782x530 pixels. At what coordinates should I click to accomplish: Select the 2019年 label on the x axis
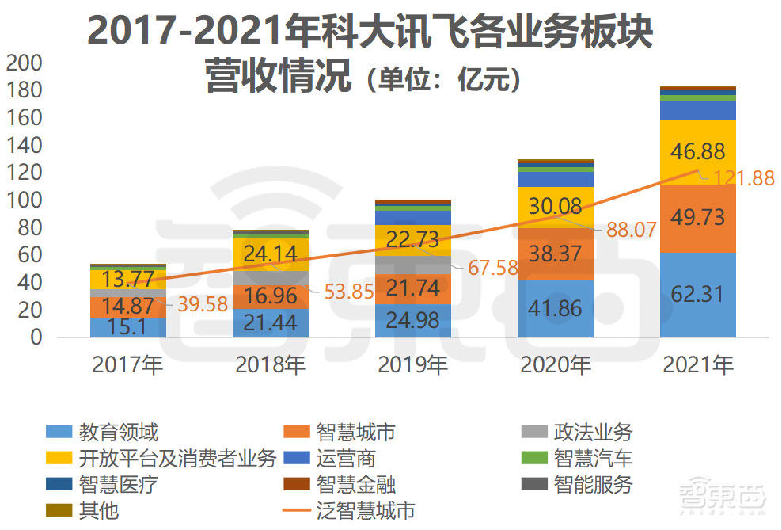[x=413, y=364]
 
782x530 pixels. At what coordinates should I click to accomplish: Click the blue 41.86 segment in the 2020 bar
[x=555, y=308]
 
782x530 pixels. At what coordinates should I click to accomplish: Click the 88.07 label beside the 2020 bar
[x=631, y=230]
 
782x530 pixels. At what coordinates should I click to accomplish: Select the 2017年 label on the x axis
[x=127, y=364]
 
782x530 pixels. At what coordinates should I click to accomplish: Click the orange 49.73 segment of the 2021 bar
[x=697, y=217]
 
